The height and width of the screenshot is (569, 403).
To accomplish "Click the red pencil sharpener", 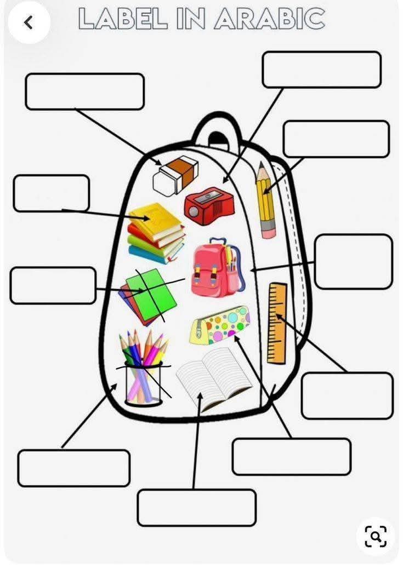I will click(x=209, y=206).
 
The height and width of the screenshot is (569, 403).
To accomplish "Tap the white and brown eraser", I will click(x=175, y=174).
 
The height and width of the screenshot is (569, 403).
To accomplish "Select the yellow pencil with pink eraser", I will click(x=266, y=200).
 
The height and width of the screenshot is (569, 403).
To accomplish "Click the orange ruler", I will click(x=277, y=323).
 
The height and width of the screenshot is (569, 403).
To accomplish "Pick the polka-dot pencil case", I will click(x=220, y=325).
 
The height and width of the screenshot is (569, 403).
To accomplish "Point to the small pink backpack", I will click(x=217, y=269).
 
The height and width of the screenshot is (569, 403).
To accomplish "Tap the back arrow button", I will click(x=29, y=22).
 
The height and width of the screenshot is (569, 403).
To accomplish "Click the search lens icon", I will click(x=376, y=536).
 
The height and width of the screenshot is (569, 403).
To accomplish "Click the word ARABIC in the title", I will click(x=269, y=19).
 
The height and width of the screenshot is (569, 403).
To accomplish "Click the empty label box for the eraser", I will click(x=84, y=91).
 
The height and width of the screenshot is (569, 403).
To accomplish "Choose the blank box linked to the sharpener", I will click(x=321, y=70).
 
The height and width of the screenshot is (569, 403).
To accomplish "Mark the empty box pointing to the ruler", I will click(x=347, y=395).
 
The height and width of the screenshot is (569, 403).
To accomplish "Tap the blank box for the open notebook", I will click(x=196, y=508).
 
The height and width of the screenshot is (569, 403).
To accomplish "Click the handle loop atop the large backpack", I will click(x=217, y=128).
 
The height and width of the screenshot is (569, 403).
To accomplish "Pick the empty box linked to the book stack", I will click(x=51, y=193).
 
